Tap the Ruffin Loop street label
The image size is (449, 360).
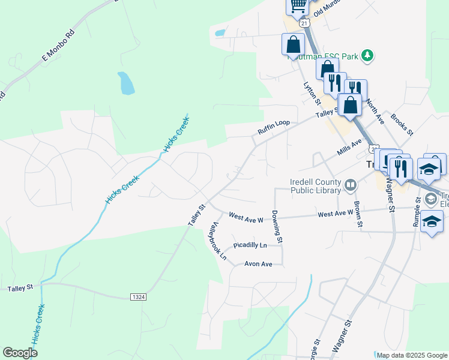pyautogui.click(x=274, y=127)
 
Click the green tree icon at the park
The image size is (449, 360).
pyautogui.click(x=367, y=56)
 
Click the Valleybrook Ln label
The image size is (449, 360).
pyautogui.click(x=217, y=241)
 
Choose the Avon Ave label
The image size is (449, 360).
pyautogui.click(x=258, y=264)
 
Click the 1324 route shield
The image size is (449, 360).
pyautogui.click(x=138, y=297)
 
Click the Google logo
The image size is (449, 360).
pyautogui.click(x=20, y=353)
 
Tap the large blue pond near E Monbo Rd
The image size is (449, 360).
pyautogui.click(x=126, y=83)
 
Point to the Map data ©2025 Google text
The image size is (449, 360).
pyautogui.click(x=411, y=355)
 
